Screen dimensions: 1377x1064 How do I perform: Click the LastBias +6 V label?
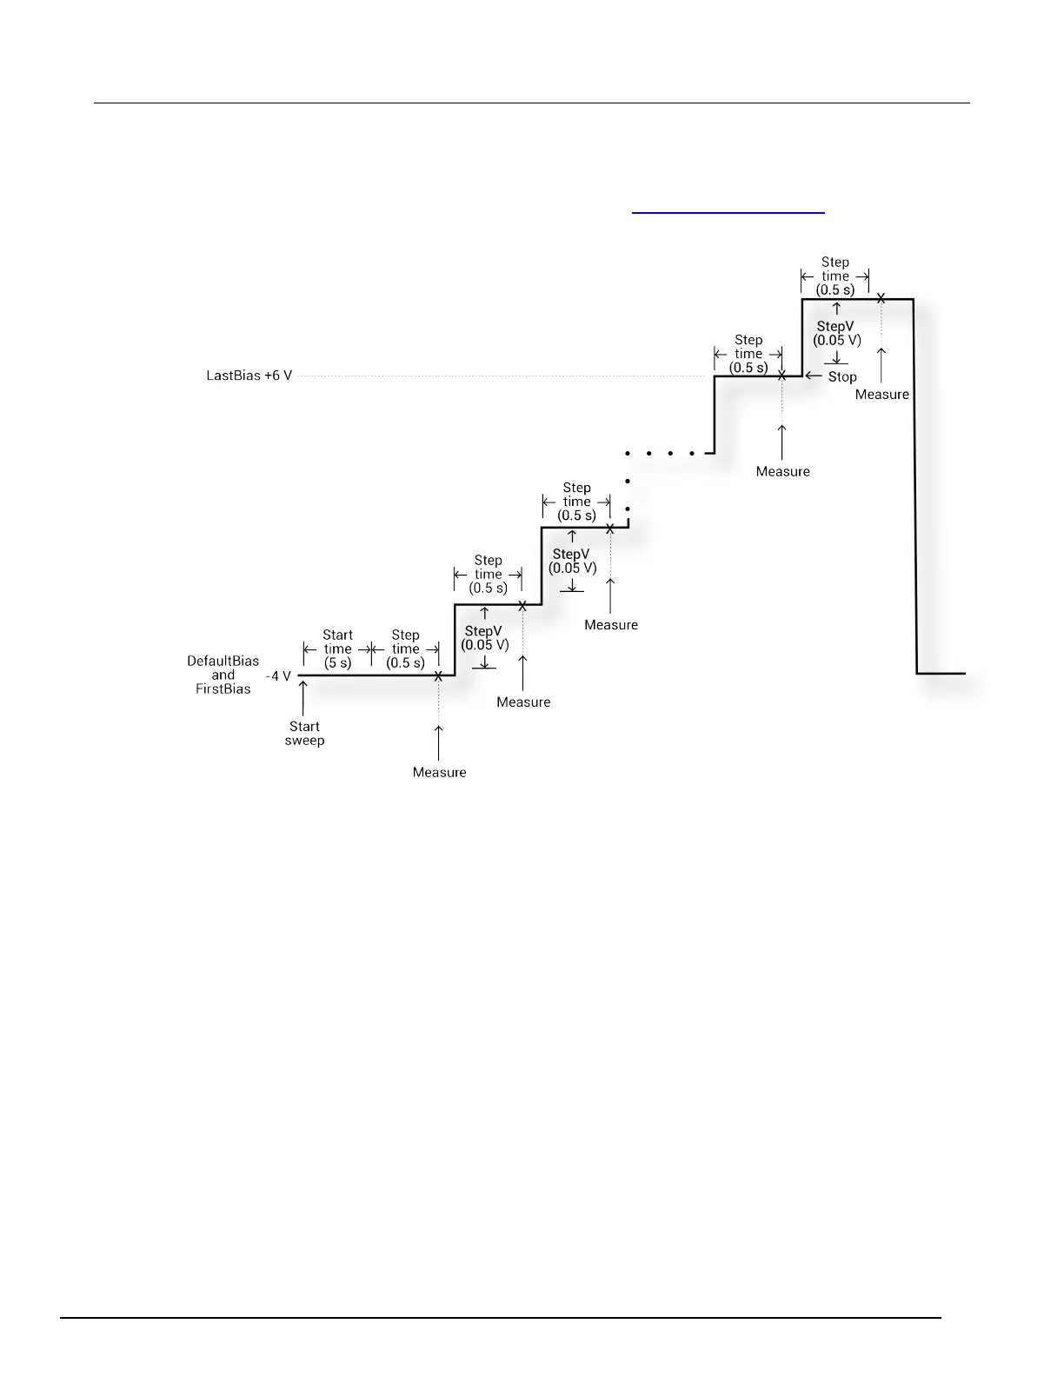(249, 376)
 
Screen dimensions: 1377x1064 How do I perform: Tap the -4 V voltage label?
(278, 675)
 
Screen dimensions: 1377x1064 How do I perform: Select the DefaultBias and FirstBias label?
(223, 675)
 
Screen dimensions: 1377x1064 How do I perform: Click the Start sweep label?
(304, 734)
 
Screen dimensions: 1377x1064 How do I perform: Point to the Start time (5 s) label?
(337, 649)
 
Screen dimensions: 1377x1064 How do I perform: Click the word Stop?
(842, 377)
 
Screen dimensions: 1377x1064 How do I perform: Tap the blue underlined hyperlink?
(728, 211)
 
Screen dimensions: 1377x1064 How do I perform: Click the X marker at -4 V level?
(438, 675)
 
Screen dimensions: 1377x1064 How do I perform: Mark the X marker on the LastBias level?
(781, 376)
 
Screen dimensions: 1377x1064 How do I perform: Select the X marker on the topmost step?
(881, 298)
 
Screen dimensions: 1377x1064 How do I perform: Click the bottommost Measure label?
(439, 773)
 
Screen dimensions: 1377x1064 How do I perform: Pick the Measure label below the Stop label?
(881, 395)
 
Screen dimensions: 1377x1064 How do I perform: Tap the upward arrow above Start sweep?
(303, 695)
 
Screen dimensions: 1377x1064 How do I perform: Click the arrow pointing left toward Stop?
(814, 376)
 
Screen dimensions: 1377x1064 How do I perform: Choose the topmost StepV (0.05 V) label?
(837, 334)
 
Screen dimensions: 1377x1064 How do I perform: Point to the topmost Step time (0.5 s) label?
(835, 276)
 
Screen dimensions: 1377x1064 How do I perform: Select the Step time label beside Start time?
(405, 649)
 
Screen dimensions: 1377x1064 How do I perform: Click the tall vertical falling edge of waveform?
(914, 487)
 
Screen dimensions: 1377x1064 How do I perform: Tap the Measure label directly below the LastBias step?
(782, 472)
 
